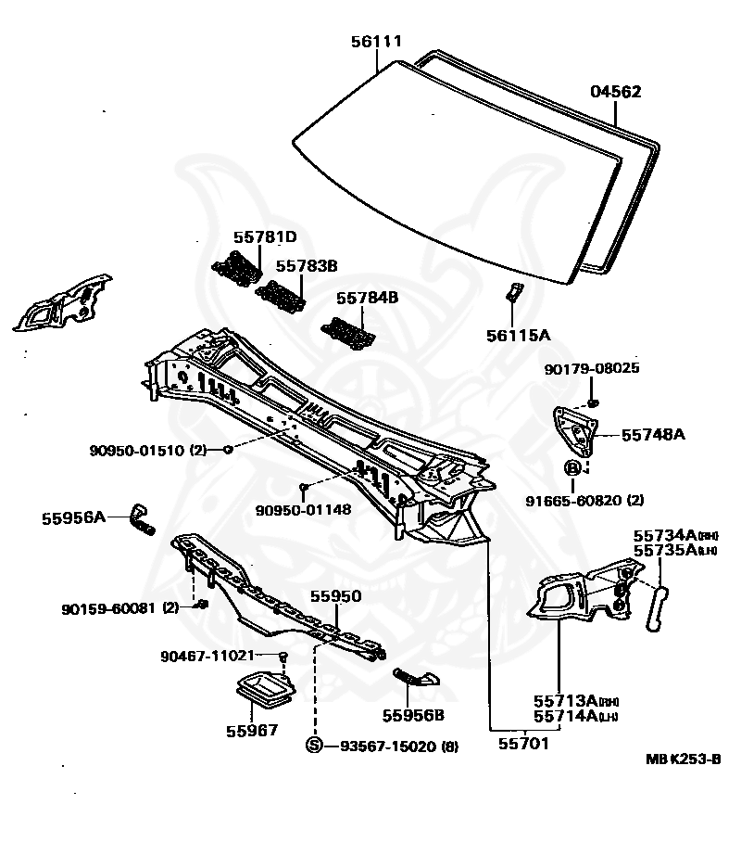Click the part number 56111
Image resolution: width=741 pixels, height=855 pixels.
coord(376,42)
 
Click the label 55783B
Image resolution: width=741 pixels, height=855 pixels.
coord(307,266)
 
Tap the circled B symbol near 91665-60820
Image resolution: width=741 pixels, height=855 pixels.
coord(573,467)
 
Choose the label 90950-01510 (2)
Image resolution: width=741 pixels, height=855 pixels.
coord(148,451)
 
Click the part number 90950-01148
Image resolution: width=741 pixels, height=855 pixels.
coord(303,509)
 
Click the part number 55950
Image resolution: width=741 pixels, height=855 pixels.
coord(335,596)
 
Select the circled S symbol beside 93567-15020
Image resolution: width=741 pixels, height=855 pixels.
coord(314,746)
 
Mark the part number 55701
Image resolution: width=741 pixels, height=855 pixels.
coord(523,743)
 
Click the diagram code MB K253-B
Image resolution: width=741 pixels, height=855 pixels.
coord(683,758)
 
